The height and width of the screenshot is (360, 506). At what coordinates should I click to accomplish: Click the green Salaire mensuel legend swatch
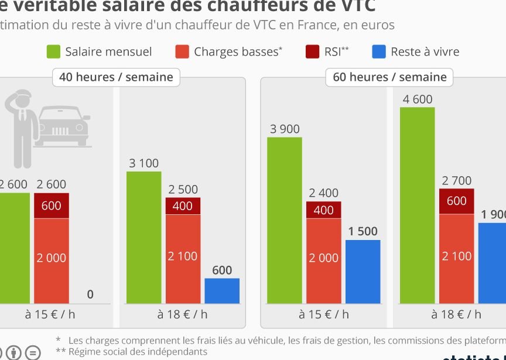point(54,52)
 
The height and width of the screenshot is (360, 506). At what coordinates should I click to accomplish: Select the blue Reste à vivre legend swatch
point(379,52)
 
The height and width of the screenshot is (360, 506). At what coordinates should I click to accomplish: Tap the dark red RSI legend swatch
point(312,52)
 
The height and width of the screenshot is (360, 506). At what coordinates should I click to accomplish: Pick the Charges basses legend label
point(235,52)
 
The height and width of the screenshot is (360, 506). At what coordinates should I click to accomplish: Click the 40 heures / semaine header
point(116,77)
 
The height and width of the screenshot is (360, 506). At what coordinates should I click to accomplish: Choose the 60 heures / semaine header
point(389,77)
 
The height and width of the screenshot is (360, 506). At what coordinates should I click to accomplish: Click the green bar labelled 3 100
point(143,237)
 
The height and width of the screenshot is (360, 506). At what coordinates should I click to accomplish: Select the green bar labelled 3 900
point(285,220)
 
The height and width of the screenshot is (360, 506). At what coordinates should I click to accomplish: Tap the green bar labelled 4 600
point(418,205)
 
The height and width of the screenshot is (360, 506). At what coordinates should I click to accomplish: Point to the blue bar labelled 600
point(222,290)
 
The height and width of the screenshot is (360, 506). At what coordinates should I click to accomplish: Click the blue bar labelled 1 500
point(363,271)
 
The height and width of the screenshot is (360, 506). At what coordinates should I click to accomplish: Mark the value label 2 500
point(183,190)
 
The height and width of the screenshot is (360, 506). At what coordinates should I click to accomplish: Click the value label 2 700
point(457,180)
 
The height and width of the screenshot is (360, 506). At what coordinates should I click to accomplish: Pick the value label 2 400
point(323,193)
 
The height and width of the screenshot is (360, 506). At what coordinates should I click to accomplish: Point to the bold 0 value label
point(90,294)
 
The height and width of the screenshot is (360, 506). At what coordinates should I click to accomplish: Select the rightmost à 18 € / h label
point(456,314)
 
